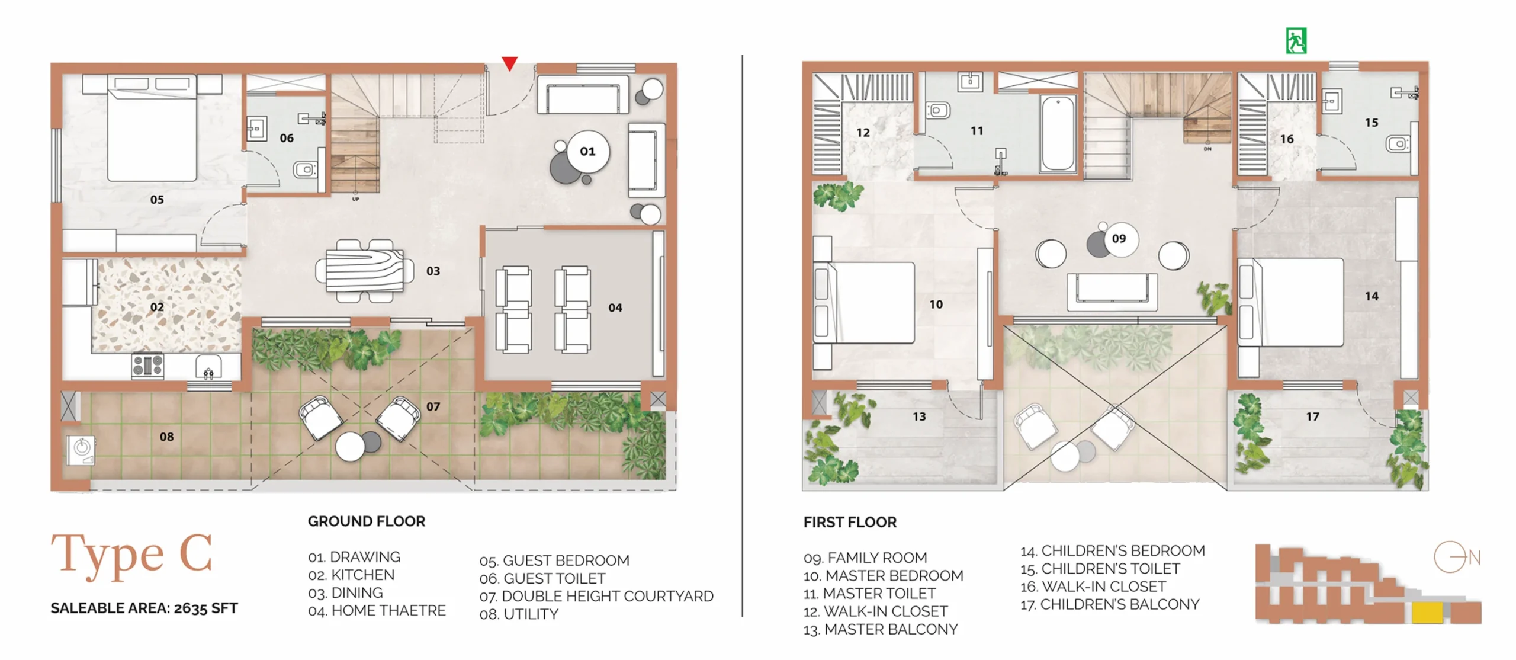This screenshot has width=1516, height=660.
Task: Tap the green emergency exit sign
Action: (1296, 41)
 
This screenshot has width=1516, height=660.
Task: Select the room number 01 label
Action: (587, 152)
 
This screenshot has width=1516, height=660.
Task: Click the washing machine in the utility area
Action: (81, 450)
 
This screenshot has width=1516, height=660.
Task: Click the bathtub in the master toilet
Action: (1058, 133)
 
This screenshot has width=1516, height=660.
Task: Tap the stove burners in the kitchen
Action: (148, 366)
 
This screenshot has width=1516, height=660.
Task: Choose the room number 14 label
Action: (1372, 296)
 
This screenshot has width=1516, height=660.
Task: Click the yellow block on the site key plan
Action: (1427, 613)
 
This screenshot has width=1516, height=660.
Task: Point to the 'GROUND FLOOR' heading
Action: (367, 521)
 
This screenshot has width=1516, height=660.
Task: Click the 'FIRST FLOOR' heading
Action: (850, 522)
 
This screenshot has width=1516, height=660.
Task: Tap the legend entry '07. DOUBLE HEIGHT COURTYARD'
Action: (596, 596)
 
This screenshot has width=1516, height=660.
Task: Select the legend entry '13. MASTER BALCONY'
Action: (881, 629)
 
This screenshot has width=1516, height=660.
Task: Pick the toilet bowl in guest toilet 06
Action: (305, 170)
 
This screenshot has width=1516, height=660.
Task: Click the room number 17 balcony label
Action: (1312, 416)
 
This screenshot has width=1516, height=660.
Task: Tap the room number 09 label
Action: (1119, 239)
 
